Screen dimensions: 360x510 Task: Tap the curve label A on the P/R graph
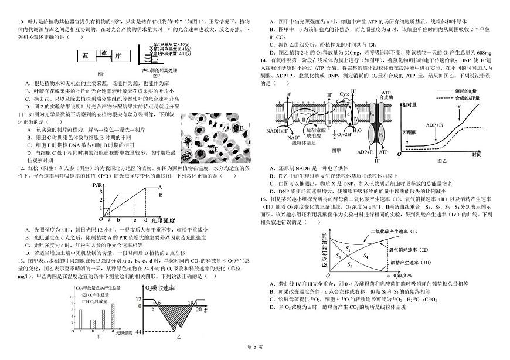[x=160, y=188]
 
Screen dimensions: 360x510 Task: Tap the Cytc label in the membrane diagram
[x=345, y=94]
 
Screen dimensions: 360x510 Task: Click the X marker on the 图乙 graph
[x=459, y=107]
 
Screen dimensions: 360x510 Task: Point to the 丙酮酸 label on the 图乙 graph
[x=409, y=133]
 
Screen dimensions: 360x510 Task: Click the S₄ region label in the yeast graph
[x=366, y=257]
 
